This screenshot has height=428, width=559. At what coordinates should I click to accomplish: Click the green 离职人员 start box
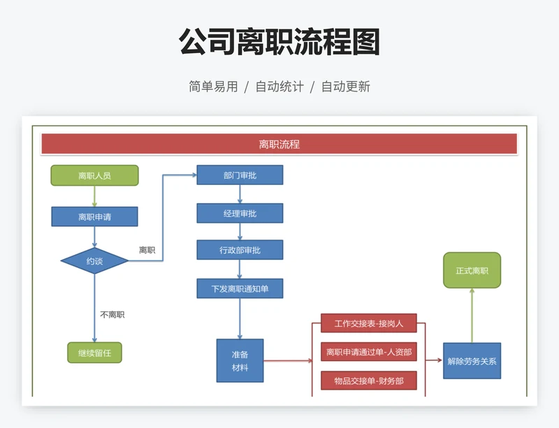coord(94,175)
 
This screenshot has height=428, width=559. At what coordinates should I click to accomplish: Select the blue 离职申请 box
coord(94,217)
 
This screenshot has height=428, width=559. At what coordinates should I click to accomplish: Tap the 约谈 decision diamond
coord(94,261)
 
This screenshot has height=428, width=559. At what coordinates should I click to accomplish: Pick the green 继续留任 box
coord(94,353)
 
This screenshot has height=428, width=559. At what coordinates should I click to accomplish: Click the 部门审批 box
coord(240,175)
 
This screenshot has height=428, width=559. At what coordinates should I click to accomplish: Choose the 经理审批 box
coord(240,213)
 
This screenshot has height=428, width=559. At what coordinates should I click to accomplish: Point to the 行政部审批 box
coord(240,250)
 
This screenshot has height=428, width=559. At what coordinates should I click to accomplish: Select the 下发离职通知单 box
coord(240,288)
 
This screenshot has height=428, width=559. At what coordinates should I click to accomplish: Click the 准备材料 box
coord(240,360)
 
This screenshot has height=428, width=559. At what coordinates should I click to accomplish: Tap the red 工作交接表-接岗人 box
coord(369,323)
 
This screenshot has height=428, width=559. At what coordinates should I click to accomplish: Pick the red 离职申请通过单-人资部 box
coord(369,352)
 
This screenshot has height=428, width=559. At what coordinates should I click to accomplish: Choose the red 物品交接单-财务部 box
coord(369,381)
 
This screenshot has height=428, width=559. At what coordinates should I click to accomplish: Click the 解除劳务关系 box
coord(472,361)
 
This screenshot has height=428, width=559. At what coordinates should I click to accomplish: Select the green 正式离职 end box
coord(472,270)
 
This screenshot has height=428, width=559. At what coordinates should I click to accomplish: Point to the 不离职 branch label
coord(112,315)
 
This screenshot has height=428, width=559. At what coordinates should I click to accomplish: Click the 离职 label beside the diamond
coord(147,250)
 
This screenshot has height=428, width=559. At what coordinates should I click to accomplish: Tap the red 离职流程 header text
coord(279,145)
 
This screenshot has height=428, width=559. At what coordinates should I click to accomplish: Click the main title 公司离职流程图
coord(279,43)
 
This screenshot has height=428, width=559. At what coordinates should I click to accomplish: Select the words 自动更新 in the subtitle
coord(345,87)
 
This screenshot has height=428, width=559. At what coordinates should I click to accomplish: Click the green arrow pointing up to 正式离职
coord(472,314)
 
